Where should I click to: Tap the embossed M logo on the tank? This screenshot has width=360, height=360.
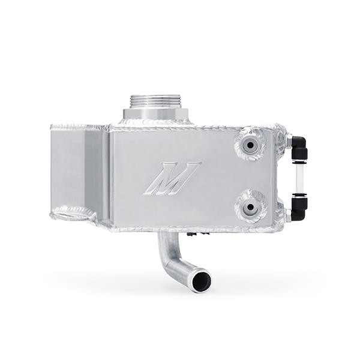(172, 178)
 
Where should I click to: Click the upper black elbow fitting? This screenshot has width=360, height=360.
(298, 145)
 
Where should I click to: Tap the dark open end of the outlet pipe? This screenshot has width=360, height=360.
(201, 280)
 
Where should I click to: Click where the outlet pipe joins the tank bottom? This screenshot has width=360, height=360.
(163, 235)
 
